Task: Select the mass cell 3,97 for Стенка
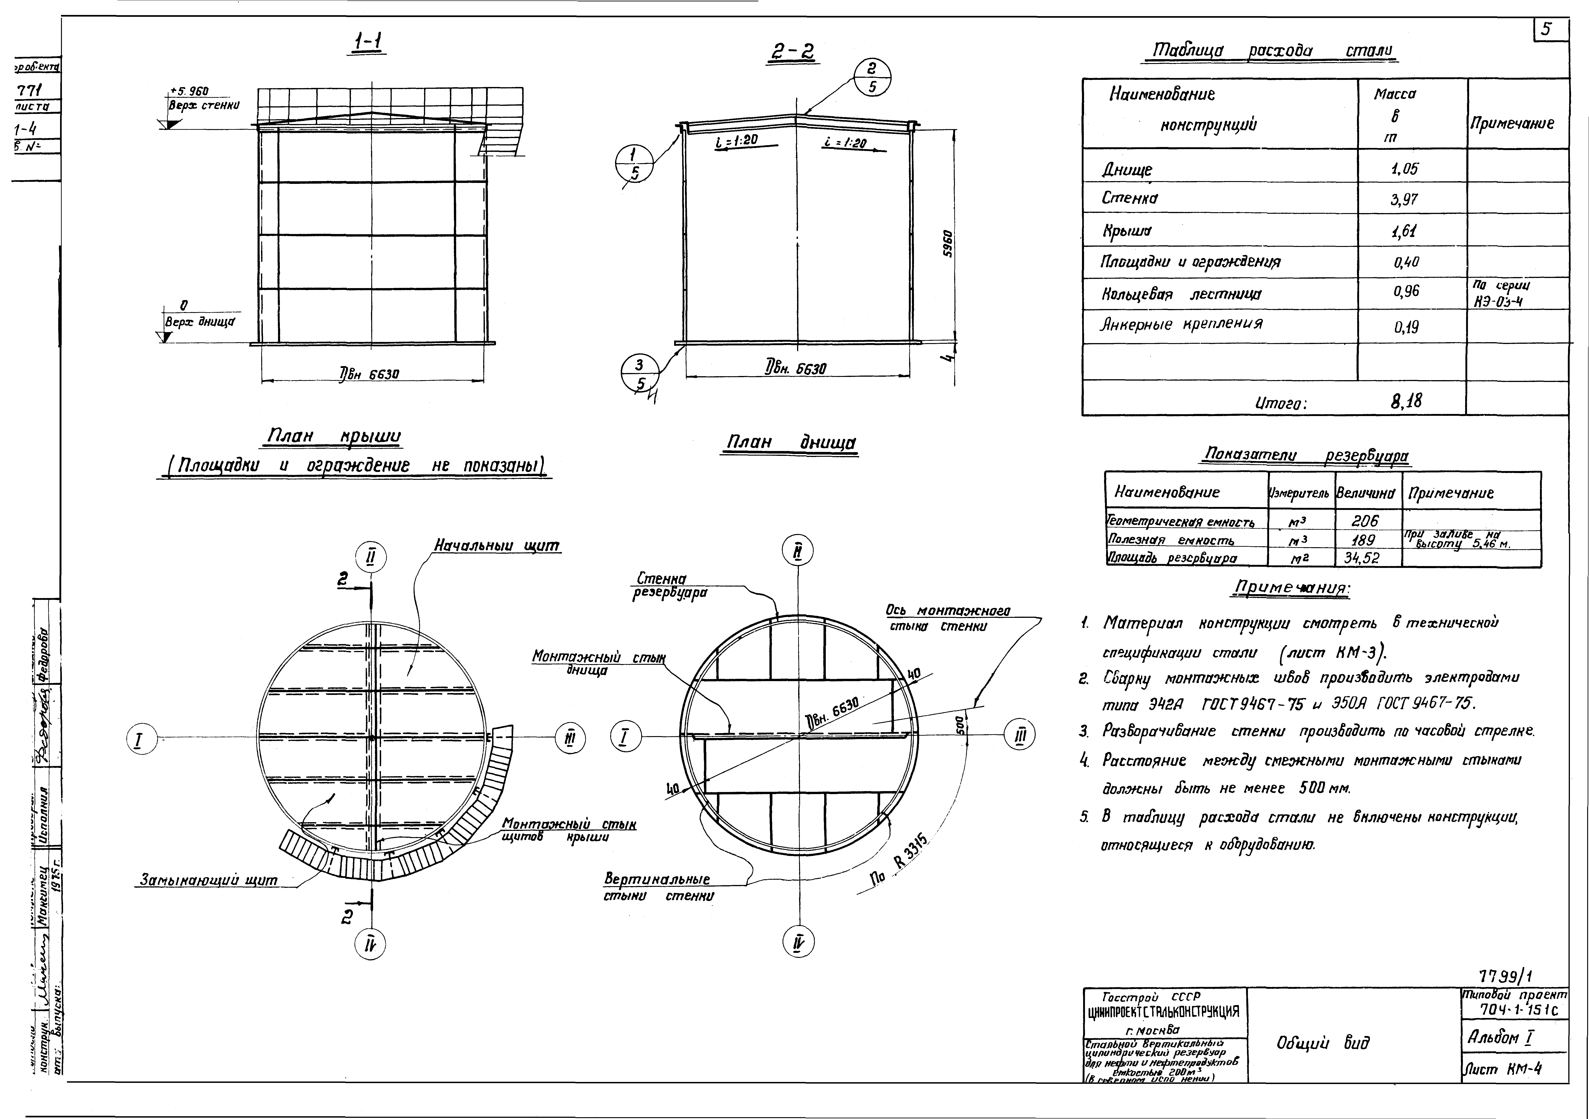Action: pos(1404,200)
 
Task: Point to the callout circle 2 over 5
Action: pos(872,77)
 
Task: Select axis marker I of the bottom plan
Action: pos(625,738)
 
